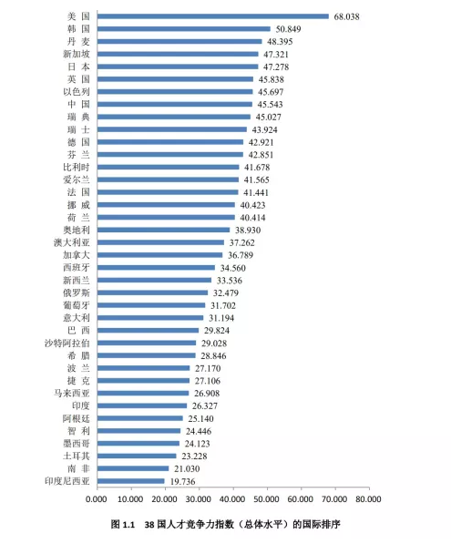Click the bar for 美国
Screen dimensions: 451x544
click(x=213, y=16)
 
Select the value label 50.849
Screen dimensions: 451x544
click(x=288, y=29)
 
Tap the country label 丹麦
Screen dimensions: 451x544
click(x=78, y=42)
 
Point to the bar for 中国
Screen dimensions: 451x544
click(x=175, y=105)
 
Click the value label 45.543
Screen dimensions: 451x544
click(x=270, y=105)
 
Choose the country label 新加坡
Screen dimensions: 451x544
click(x=77, y=54)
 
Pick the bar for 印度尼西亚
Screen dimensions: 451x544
click(x=131, y=481)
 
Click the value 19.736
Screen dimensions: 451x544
click(x=182, y=481)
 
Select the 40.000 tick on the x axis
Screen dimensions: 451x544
click(x=232, y=499)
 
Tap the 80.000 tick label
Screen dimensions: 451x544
click(x=368, y=499)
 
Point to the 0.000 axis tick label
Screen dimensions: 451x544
click(x=96, y=499)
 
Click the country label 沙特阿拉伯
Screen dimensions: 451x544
click(x=67, y=344)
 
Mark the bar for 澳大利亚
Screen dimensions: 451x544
click(x=160, y=242)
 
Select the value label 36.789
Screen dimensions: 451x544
click(x=241, y=255)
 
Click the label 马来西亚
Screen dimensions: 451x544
click(x=72, y=394)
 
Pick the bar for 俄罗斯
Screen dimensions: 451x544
click(x=153, y=293)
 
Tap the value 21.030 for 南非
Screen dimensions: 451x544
click(x=187, y=468)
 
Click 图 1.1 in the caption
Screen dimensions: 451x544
click(x=122, y=524)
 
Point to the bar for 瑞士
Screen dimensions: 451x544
click(x=172, y=129)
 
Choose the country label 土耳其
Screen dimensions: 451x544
click(x=77, y=457)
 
